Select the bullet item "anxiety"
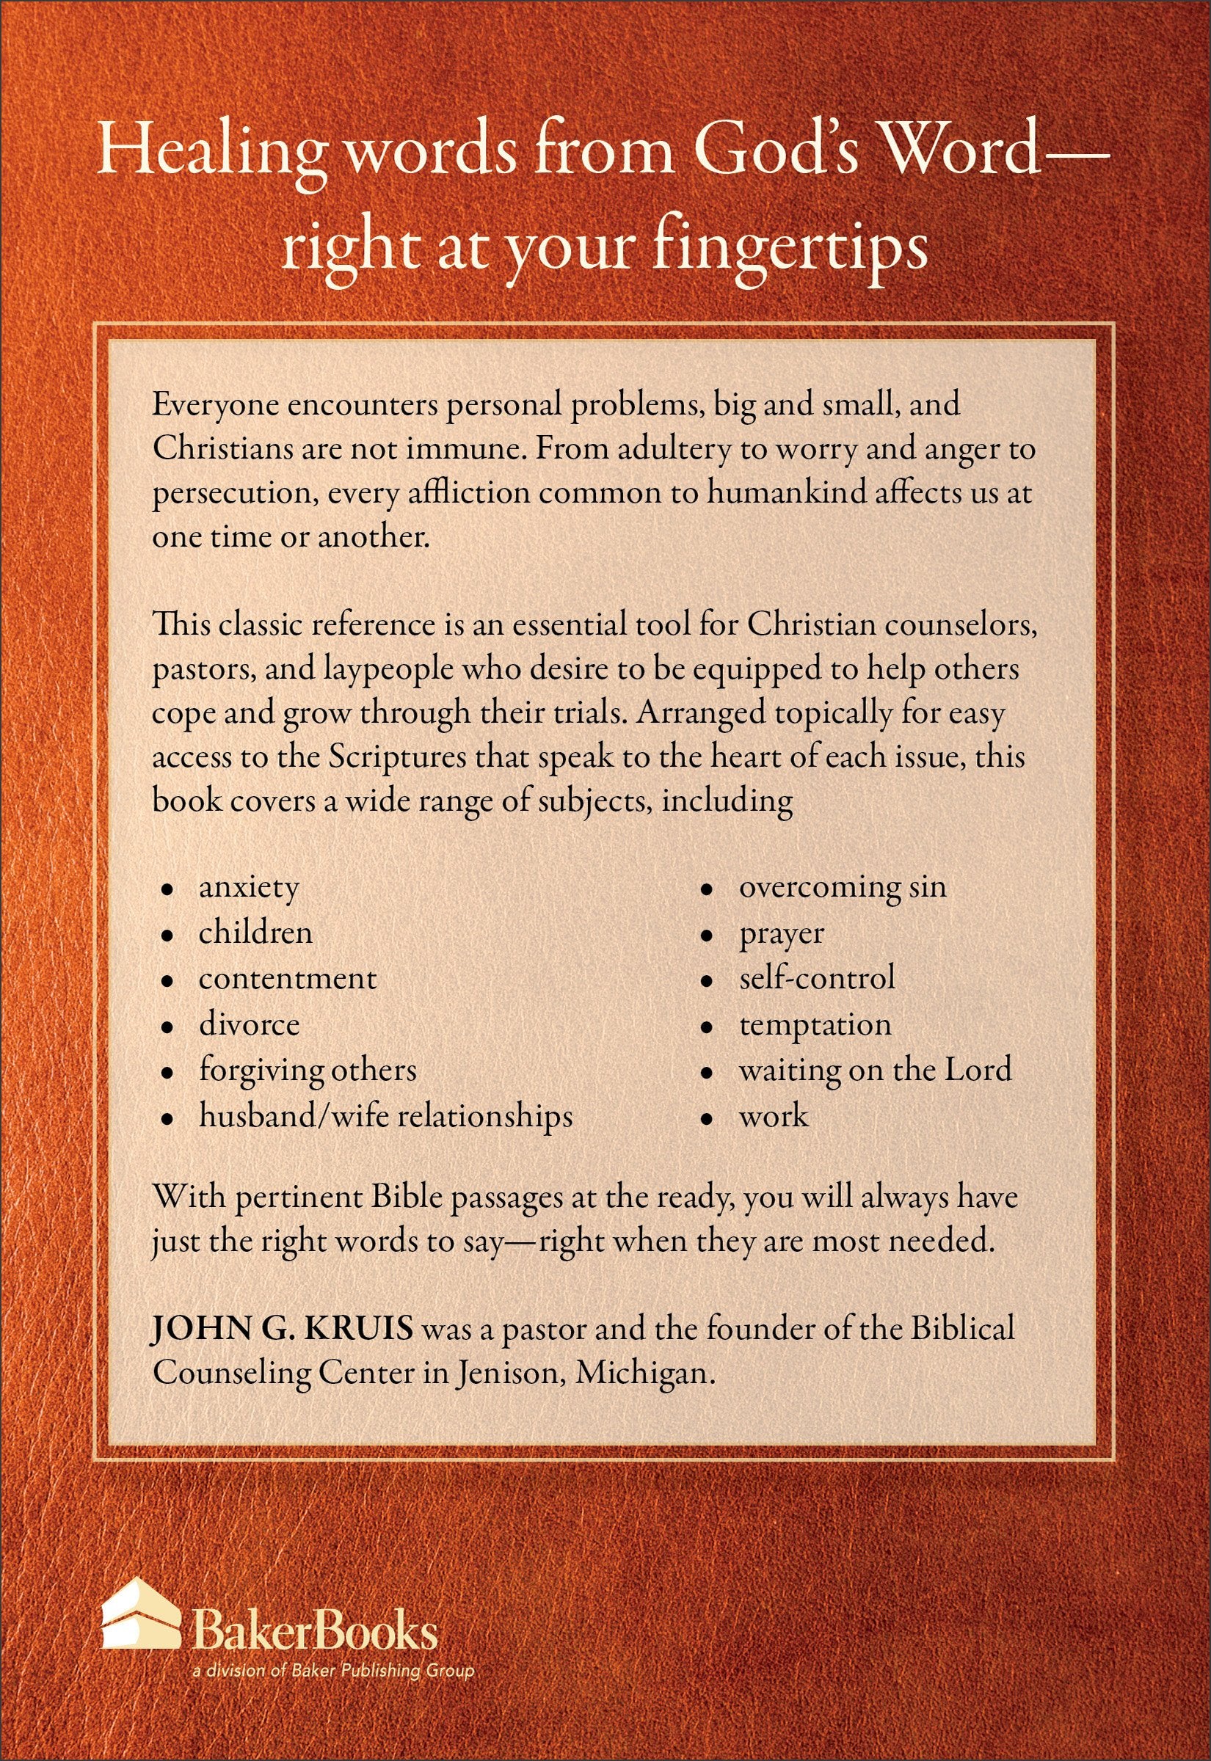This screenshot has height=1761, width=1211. tap(249, 888)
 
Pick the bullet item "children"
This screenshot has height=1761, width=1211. tap(255, 933)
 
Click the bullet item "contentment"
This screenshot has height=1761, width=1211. tap(287, 979)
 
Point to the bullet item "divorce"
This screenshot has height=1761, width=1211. tap(249, 1024)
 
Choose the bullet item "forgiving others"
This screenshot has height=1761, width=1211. tap(308, 1071)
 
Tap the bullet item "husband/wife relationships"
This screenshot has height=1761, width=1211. tap(385, 1116)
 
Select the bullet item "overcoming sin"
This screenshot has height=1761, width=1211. tap(843, 887)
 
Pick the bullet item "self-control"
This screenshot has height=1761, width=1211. tap(816, 978)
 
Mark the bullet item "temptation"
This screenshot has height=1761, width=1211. tap(815, 1025)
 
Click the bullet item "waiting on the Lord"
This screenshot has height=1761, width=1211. tap(875, 1070)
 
